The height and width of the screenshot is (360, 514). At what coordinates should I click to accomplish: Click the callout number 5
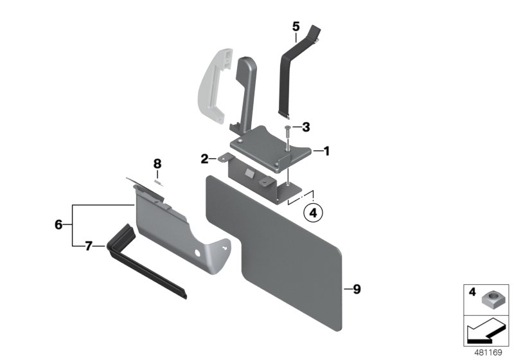pyautogui.click(x=296, y=26)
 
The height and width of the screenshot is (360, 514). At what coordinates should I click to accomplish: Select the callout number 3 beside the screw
pyautogui.click(x=306, y=127)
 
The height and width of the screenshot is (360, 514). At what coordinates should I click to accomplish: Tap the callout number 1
pyautogui.click(x=326, y=152)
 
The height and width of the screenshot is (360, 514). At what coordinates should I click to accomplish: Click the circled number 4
pyautogui.click(x=312, y=212)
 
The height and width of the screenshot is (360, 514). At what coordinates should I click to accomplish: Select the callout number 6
pyautogui.click(x=59, y=224)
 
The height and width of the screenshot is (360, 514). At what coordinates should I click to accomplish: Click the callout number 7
pyautogui.click(x=90, y=245)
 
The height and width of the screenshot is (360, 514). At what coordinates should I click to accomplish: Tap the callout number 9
pyautogui.click(x=357, y=289)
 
